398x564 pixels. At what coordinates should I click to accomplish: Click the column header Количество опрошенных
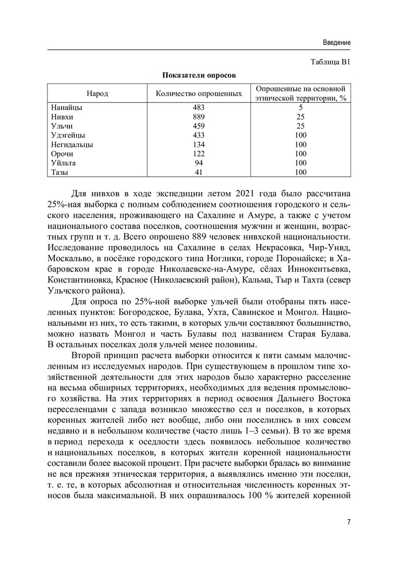click(x=199, y=93)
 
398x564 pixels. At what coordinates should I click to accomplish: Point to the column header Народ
click(x=98, y=93)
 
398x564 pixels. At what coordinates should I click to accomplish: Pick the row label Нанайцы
click(x=67, y=108)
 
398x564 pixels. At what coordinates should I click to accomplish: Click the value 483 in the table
click(x=199, y=108)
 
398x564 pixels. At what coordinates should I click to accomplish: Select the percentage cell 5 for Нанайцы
click(x=300, y=108)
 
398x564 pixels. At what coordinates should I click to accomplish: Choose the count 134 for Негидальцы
click(x=199, y=145)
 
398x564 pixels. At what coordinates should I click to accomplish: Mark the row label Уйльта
click(x=64, y=163)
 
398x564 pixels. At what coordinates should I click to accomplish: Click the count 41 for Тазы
click(x=199, y=172)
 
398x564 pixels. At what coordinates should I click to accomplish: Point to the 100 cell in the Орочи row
click(x=300, y=154)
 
